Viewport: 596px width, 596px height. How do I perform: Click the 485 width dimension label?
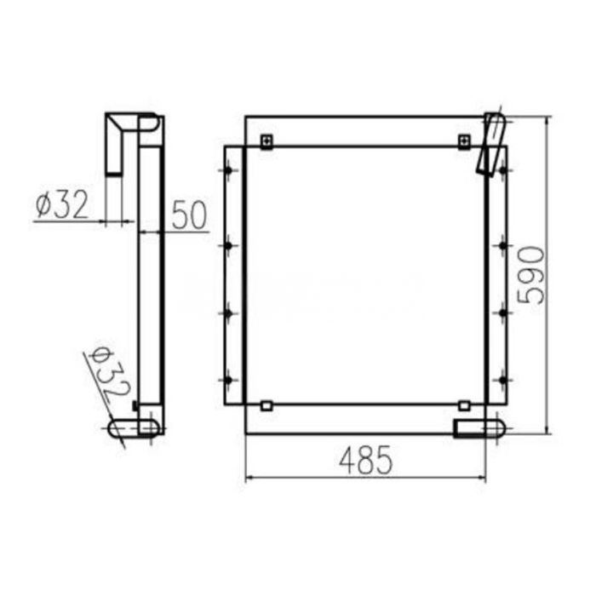click(x=366, y=460)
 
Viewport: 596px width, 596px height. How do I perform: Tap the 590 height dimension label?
click(x=530, y=274)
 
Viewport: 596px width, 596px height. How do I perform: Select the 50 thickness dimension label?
click(x=189, y=215)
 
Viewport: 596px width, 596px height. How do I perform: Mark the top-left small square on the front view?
click(x=266, y=140)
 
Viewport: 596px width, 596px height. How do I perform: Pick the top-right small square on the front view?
click(x=464, y=140)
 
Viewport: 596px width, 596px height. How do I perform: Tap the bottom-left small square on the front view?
click(x=266, y=406)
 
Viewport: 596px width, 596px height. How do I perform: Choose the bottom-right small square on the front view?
click(x=464, y=406)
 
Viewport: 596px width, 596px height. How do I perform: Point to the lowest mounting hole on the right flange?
click(x=502, y=377)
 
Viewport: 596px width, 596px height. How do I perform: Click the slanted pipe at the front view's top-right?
click(x=490, y=143)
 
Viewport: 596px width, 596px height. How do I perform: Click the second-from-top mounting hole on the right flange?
click(x=502, y=246)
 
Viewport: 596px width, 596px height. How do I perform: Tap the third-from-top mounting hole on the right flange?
click(x=502, y=313)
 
